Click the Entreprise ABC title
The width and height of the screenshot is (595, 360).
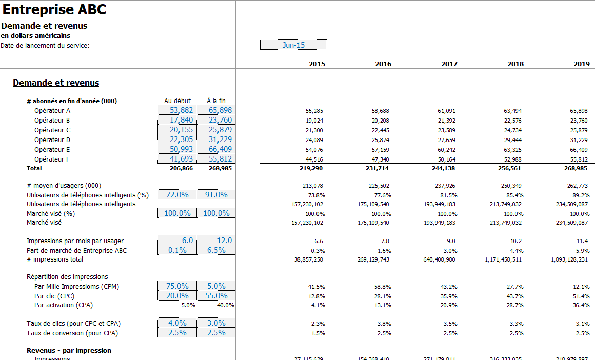pos(54,10)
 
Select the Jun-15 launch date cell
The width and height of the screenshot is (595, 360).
pos(293,45)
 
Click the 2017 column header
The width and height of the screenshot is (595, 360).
pos(449,64)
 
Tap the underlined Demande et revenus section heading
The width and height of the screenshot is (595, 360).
pos(56,83)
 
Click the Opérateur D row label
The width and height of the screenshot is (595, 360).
pos(52,140)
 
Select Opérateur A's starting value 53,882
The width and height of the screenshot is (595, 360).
pos(177,110)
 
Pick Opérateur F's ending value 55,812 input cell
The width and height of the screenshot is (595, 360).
pos(216,159)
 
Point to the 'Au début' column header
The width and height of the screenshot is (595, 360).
pos(177,101)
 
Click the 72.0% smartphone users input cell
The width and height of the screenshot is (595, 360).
pos(177,195)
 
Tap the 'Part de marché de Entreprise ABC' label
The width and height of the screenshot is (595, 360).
pos(76,251)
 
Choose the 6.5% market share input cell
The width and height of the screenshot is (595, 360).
pos(216,250)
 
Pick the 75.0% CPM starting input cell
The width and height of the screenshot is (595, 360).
pos(177,286)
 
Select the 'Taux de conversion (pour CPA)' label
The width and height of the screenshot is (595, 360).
pos(72,333)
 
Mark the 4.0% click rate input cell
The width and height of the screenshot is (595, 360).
pos(177,323)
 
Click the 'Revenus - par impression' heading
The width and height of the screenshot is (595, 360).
pos(69,351)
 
